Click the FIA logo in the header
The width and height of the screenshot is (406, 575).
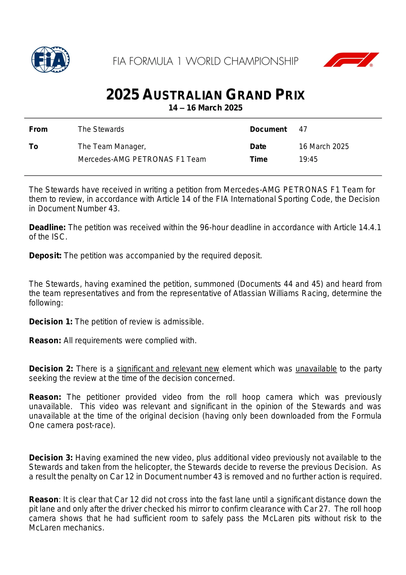pos(50,60)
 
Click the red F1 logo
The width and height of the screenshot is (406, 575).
pos(351,60)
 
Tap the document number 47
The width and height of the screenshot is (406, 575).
pos(303,129)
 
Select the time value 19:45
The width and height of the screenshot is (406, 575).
pos(308,159)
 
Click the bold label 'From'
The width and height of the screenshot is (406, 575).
pos(38,129)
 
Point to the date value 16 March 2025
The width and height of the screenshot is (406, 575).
pos(324,147)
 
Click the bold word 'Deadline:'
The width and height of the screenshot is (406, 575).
pos(47,227)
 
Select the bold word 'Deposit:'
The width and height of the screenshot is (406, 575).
pos(45,256)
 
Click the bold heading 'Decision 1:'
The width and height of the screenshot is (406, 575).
pos(51,321)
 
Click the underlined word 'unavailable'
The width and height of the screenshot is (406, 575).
pos(316,369)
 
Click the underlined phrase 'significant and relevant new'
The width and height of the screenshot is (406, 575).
pos(168,369)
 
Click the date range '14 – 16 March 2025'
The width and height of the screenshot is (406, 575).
pos(205,108)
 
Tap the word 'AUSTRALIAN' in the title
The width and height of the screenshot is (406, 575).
pos(182,95)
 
